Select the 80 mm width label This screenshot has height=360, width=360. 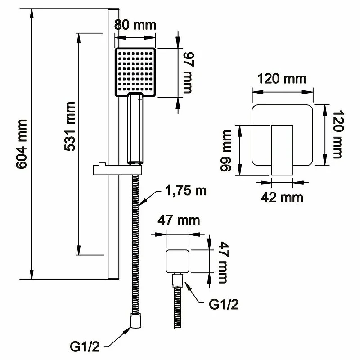[x=135, y=24]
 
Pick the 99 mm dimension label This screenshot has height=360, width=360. [x=225, y=151]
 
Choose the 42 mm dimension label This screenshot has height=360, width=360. [x=283, y=197]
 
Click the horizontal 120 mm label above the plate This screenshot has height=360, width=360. [x=282, y=79]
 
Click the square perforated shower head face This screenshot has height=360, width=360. [x=135, y=72]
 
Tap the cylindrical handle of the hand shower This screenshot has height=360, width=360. [x=135, y=128]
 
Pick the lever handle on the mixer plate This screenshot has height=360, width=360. [x=282, y=148]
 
